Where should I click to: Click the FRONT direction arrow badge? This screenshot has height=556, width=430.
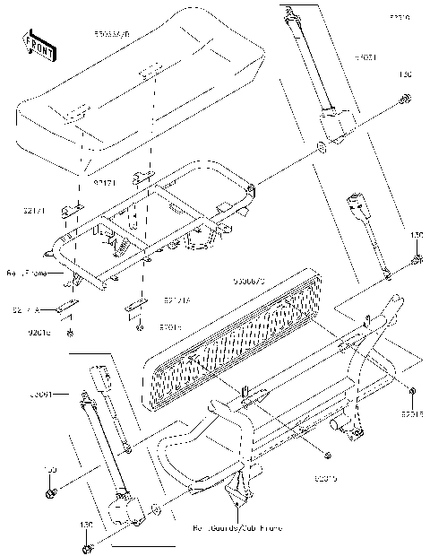point(35,43)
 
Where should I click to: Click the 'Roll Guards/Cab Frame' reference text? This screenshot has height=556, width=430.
point(236,529)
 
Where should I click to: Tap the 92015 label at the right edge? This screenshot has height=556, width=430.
point(412,415)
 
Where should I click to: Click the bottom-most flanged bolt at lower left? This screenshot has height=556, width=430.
point(87,548)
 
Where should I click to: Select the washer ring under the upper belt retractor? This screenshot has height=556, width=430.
point(321,147)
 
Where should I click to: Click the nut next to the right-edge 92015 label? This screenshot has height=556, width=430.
point(408,394)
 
